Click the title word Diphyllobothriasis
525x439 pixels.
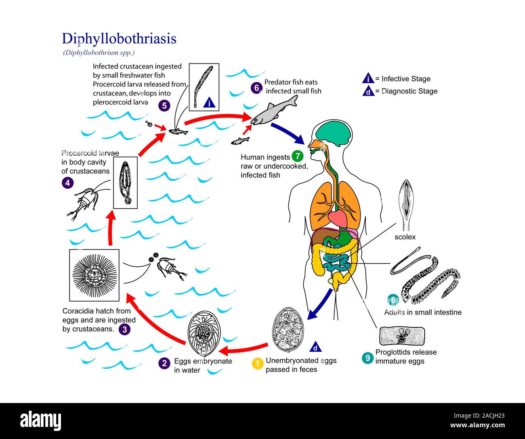[119, 39]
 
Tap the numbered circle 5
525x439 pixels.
[164, 106]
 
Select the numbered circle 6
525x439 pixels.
[256, 88]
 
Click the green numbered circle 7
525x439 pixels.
[298, 156]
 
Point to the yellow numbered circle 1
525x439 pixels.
[258, 364]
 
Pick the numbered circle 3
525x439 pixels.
[124, 329]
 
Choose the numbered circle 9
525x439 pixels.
[367, 358]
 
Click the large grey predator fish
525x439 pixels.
[274, 111]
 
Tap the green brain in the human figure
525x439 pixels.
[334, 133]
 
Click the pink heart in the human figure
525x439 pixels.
[338, 219]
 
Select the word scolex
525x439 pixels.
[405, 237]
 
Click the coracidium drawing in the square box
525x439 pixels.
[94, 275]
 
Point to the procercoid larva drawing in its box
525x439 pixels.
[126, 182]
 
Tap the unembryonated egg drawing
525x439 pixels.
[288, 330]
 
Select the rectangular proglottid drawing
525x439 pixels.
[402, 336]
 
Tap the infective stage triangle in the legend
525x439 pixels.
[368, 78]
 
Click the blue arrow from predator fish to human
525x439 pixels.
[288, 134]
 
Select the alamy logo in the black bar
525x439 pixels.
[40, 420]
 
